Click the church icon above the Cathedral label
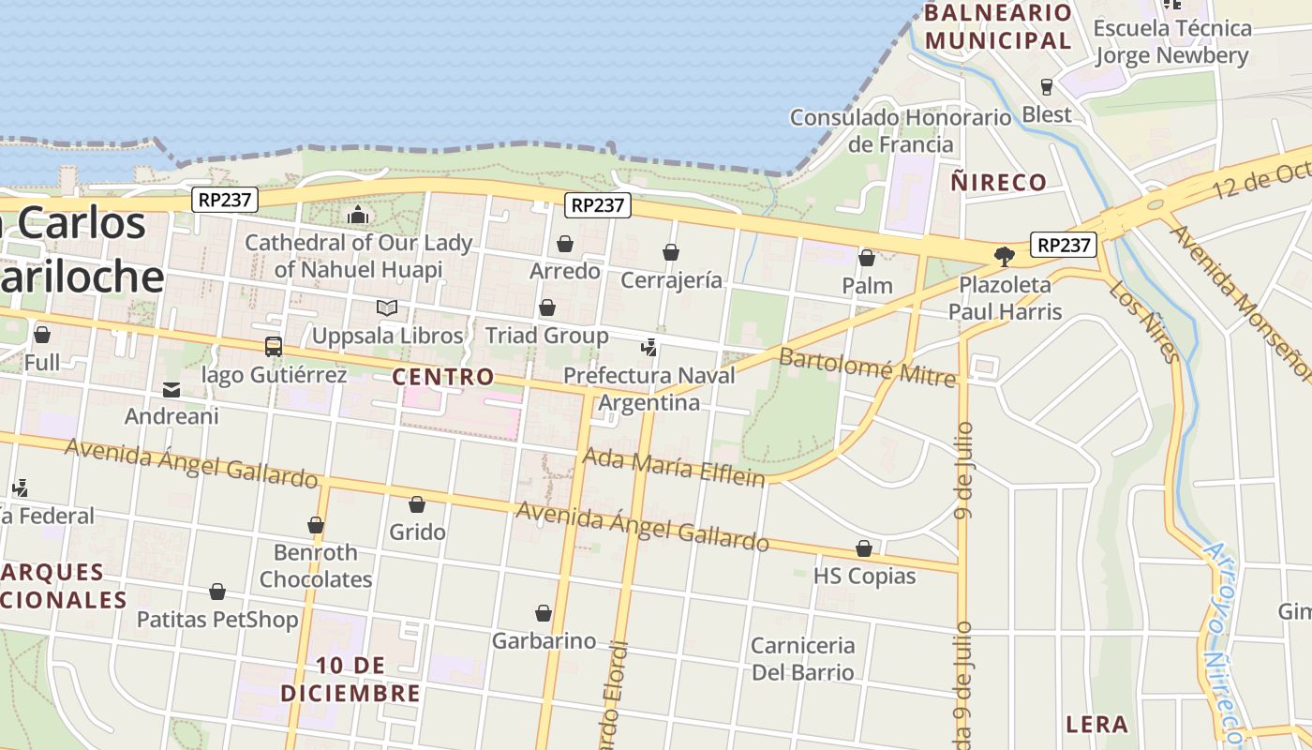tap(357, 216)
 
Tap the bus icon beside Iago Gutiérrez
tap(273, 347)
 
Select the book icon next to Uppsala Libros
tap(386, 307)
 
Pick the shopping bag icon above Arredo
tap(565, 245)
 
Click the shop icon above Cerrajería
tap(671, 252)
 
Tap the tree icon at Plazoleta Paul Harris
tap(1004, 255)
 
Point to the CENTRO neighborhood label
tap(442, 377)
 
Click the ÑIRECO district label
tap(999, 182)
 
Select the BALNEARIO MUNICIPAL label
tap(998, 27)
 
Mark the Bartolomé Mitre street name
tap(867, 367)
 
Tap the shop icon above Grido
tap(417, 504)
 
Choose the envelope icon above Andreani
tap(171, 389)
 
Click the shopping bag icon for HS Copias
tap(864, 548)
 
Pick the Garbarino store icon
tap(544, 614)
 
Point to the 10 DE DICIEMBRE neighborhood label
tap(350, 680)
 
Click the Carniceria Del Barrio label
tap(803, 658)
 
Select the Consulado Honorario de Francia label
tap(901, 130)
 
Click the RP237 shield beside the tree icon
tap(1064, 245)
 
